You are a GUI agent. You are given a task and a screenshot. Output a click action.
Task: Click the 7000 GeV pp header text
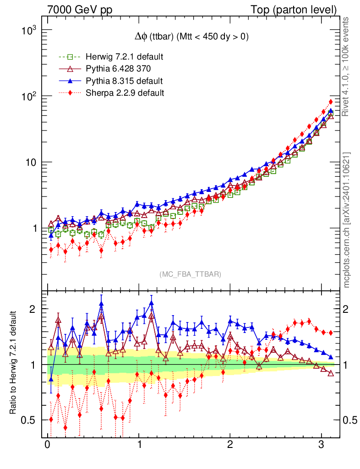[80, 10]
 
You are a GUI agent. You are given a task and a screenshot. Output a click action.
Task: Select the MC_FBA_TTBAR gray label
[191, 274]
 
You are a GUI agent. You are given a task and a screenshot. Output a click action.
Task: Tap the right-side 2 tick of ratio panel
[347, 309]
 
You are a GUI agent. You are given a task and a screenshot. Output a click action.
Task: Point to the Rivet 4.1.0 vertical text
[347, 66]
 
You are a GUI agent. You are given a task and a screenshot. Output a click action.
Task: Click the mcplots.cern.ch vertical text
[347, 220]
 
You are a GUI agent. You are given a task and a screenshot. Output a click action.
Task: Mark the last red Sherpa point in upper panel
[331, 102]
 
